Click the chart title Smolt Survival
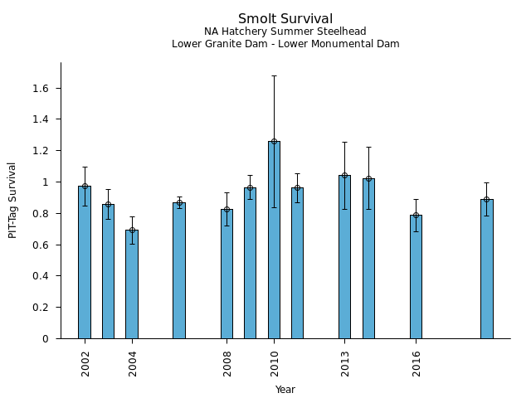tap(285, 19)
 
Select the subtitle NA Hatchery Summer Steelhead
tap(285, 32)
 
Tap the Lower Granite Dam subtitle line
tap(285, 44)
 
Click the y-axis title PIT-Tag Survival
tap(12, 200)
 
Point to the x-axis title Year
tap(285, 390)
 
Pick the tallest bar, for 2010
tap(274, 240)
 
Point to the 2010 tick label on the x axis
tap(275, 363)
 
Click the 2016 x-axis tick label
tap(417, 363)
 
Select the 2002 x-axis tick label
tap(85, 363)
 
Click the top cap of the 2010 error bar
tap(274, 75)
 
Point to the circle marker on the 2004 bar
tap(132, 230)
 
